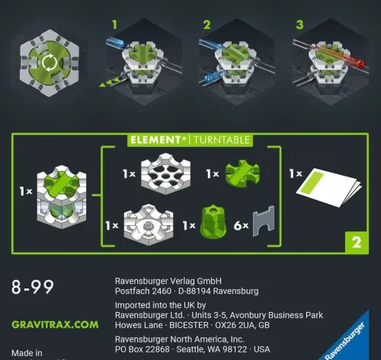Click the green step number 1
[116, 25]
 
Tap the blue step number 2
[207, 25]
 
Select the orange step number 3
[299, 25]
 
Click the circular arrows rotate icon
[49, 62]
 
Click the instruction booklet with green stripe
[328, 188]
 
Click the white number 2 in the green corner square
[355, 244]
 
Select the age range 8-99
[33, 288]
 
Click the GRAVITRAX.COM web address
[55, 324]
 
